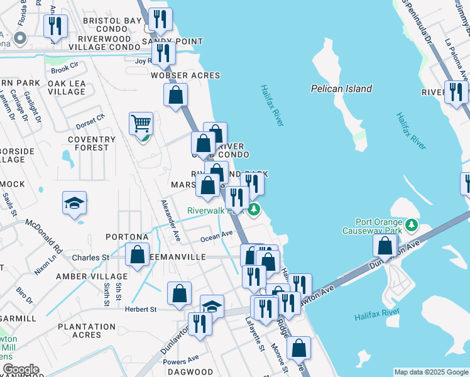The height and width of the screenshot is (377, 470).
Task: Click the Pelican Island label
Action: [341, 89]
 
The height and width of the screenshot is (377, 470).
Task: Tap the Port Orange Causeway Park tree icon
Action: [412, 224]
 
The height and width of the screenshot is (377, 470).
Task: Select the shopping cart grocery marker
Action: [141, 124]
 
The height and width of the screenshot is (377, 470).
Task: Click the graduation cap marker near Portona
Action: [75, 204]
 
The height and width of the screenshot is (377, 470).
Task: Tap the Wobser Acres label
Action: [185, 75]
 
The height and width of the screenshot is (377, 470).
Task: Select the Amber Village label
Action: [92, 276]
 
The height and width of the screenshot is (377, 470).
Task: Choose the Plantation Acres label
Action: [87, 331]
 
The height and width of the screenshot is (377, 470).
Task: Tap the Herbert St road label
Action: [140, 309]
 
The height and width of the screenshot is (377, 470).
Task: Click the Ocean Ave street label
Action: [216, 236]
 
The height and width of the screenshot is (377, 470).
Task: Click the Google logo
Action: [21, 369]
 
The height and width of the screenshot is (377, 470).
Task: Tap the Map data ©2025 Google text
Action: [430, 372]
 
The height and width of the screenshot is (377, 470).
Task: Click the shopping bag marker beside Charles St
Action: [137, 256]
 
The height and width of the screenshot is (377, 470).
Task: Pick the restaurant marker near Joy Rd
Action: [163, 53]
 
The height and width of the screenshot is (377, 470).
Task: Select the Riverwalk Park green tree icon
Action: [253, 209]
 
